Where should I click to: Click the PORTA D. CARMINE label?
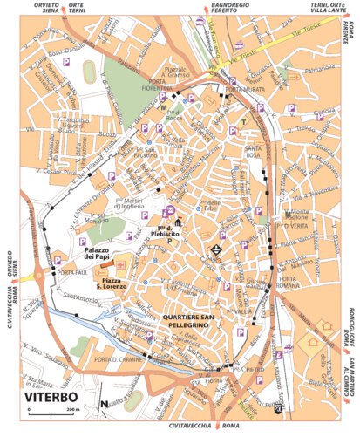[117, 360]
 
